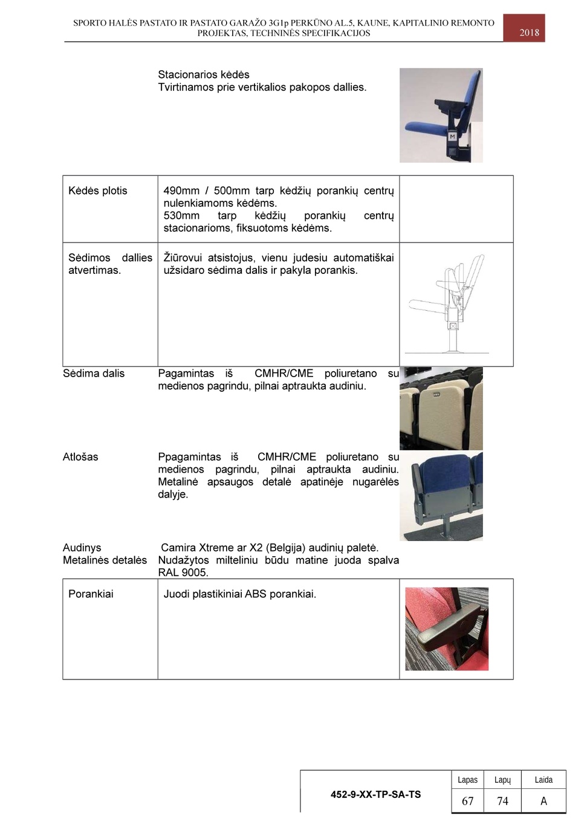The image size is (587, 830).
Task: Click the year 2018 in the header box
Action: (x=529, y=33)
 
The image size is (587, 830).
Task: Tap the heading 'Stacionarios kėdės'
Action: (x=204, y=75)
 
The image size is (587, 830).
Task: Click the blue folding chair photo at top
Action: (x=441, y=115)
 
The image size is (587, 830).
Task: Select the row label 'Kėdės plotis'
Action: (x=98, y=191)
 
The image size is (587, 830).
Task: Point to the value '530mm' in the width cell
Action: (x=181, y=216)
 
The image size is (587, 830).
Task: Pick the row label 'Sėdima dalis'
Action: (x=94, y=374)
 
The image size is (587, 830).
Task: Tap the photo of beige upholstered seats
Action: (x=441, y=408)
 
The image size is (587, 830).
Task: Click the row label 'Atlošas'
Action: (x=80, y=457)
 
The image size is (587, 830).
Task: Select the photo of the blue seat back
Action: (x=441, y=496)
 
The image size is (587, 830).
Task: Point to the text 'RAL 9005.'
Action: (x=183, y=572)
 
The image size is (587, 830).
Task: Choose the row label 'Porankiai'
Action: (x=91, y=594)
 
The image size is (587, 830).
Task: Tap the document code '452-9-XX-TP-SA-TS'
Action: (x=375, y=794)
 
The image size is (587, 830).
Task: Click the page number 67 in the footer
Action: (x=467, y=801)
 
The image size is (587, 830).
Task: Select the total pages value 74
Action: (x=502, y=801)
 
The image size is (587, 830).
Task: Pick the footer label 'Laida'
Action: (x=543, y=780)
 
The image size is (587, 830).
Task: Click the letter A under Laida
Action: (x=543, y=801)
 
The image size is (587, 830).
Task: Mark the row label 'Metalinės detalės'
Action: (x=105, y=560)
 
